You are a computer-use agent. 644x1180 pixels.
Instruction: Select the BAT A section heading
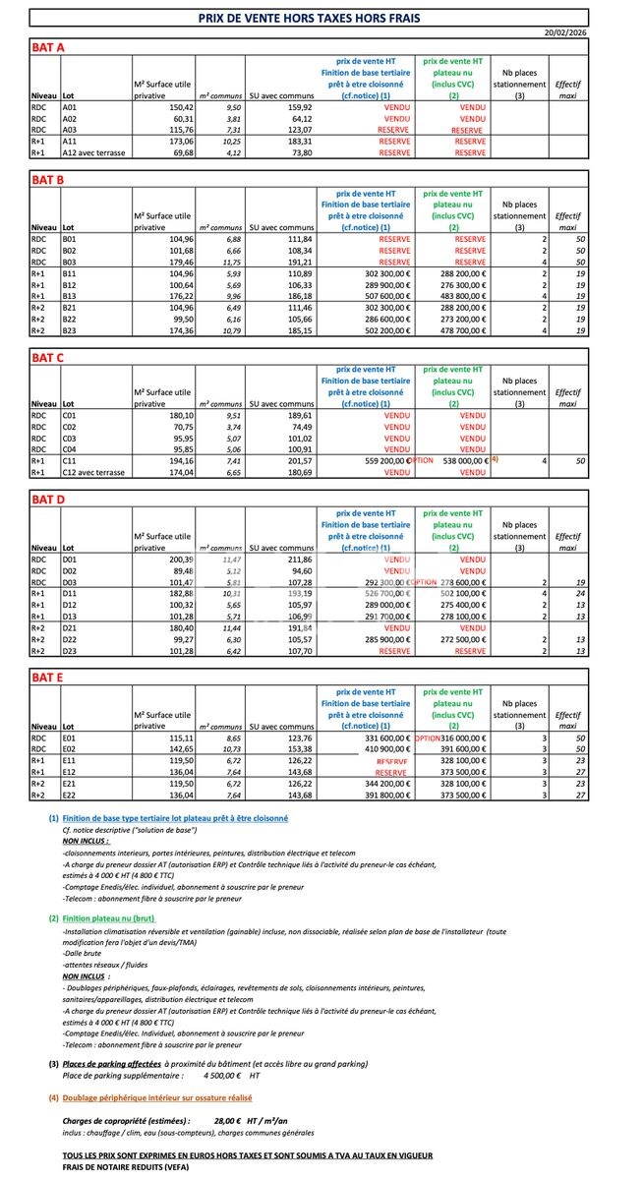(48, 47)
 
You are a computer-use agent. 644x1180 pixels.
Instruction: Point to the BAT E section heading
(48, 678)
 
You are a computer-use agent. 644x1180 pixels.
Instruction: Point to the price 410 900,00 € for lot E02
(378, 749)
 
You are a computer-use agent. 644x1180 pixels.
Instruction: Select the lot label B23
(71, 330)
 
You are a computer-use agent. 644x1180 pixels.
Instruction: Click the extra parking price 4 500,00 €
(205, 1077)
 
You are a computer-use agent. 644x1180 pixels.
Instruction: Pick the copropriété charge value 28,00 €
(228, 1120)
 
